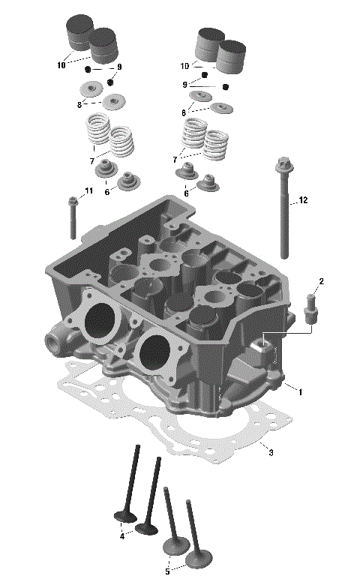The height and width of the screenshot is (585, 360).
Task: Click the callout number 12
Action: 303,200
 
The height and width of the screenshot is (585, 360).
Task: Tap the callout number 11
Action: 89,191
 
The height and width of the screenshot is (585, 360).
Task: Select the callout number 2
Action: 321,281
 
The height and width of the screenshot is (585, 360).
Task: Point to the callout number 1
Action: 300,391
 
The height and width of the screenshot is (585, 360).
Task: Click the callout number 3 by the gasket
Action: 271,452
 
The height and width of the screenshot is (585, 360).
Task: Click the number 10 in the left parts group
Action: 61,65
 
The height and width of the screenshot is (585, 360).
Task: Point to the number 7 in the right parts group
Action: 175,160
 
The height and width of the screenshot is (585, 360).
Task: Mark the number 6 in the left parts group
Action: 106,192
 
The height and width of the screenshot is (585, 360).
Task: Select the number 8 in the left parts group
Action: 79,104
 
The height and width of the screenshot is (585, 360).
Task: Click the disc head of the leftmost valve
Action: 124,516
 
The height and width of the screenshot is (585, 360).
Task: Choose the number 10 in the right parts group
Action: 184,66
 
